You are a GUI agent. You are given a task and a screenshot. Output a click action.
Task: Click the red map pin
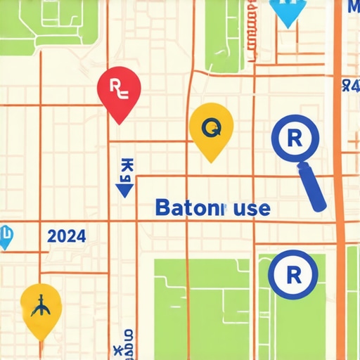point(119,91)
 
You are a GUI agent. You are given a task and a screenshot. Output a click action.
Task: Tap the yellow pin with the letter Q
point(211,129)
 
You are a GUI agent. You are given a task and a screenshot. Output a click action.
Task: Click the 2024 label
point(67,236)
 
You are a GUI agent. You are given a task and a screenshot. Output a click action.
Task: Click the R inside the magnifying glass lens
point(295,138)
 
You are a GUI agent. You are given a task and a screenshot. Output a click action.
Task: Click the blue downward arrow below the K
point(125,189)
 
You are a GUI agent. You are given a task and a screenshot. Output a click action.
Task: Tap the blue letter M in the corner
point(353,8)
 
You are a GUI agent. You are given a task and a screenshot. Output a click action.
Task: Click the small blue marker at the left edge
point(5,238)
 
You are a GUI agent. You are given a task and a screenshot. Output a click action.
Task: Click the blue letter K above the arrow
point(127,167)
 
